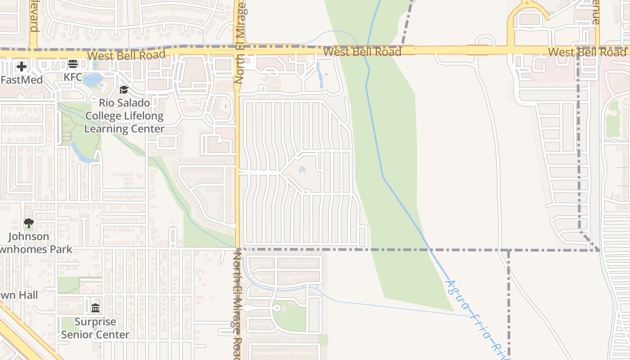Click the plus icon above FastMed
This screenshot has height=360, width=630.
[21, 67]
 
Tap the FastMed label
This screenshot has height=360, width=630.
[22, 80]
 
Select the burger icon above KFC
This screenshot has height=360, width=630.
[73, 64]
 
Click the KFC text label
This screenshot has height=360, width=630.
[73, 77]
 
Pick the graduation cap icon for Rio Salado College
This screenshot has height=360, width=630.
[124, 90]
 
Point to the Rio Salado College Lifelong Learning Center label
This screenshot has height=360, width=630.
[124, 116]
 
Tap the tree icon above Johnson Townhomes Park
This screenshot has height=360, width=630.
[28, 223]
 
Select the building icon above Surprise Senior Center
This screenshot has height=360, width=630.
[95, 308]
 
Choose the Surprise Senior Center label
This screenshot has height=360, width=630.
[95, 328]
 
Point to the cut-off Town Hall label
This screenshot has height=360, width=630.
[19, 296]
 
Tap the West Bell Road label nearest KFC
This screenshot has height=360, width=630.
[126, 55]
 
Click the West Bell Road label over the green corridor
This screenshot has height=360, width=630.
[362, 52]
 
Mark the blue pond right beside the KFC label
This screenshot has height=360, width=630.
[93, 80]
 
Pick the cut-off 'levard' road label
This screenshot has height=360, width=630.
[33, 16]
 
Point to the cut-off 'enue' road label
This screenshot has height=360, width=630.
[596, 12]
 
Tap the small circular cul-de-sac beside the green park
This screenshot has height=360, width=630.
[277, 308]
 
